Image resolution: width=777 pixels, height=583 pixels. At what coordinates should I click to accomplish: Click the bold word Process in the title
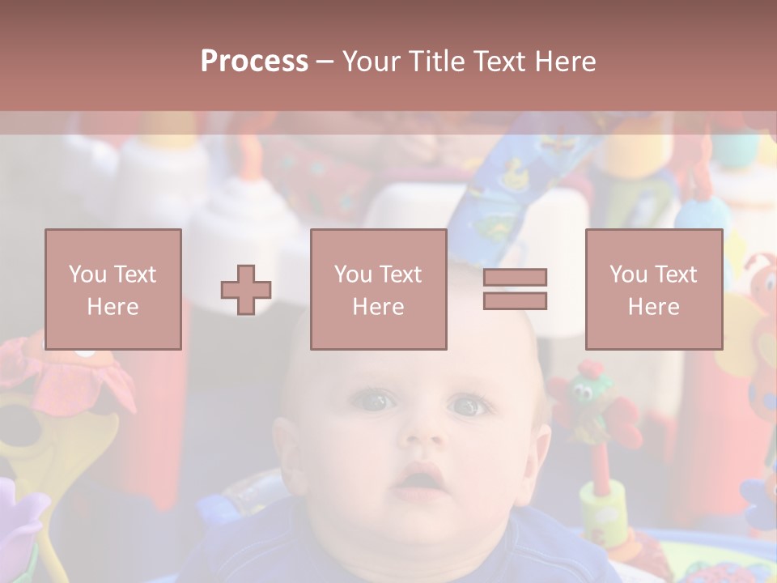click(254, 62)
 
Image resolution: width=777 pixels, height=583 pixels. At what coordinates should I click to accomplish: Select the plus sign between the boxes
click(246, 289)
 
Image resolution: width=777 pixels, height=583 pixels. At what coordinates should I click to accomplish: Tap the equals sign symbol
click(515, 289)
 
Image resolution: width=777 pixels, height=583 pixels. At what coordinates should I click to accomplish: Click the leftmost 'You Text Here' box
click(113, 289)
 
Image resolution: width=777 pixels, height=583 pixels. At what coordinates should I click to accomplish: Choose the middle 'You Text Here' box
click(378, 289)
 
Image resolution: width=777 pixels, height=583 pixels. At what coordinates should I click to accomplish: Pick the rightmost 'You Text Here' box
click(653, 289)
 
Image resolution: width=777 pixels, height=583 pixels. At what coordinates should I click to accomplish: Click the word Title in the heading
click(436, 62)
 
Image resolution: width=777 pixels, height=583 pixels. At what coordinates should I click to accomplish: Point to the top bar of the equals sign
click(515, 277)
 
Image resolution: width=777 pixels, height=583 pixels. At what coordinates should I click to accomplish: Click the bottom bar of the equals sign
click(515, 301)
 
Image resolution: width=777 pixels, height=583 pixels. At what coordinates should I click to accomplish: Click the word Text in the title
click(499, 62)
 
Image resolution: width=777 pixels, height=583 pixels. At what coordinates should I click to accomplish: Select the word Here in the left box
click(113, 307)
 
